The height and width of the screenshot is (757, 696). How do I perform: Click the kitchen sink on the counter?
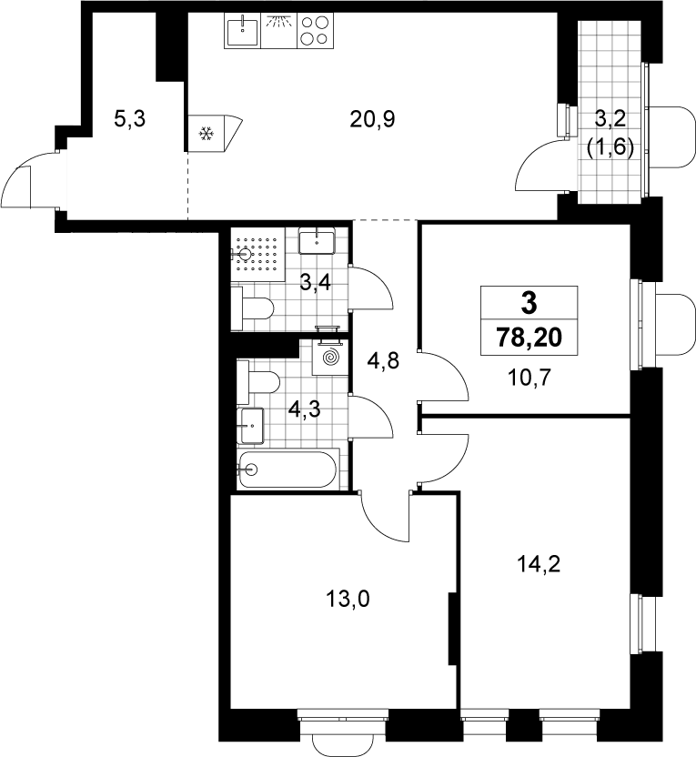point(242,30)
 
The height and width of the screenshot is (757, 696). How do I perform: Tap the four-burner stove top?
point(315,30)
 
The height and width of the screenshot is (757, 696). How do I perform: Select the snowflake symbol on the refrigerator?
point(207,133)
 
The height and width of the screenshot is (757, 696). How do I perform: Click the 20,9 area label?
point(372,119)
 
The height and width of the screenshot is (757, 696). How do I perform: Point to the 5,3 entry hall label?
point(129,118)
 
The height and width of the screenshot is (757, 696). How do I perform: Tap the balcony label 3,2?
point(610,118)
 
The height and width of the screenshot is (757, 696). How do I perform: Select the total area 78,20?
point(530,337)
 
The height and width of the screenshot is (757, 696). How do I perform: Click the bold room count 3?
point(529,304)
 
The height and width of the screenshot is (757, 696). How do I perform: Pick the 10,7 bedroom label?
point(529,378)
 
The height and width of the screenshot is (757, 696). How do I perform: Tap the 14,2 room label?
point(539,564)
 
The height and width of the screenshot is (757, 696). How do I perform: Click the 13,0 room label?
point(348,599)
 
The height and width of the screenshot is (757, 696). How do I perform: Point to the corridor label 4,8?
point(383,360)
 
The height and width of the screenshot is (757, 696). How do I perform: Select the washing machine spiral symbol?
point(329,358)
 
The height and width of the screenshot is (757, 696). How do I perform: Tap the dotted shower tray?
point(257,254)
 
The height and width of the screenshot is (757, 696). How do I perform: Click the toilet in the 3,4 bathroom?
point(252,308)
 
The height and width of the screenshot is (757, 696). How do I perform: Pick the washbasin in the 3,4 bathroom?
point(317,240)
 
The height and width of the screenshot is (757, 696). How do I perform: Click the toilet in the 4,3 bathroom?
point(258,382)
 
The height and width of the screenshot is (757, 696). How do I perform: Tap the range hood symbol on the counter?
point(279,30)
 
